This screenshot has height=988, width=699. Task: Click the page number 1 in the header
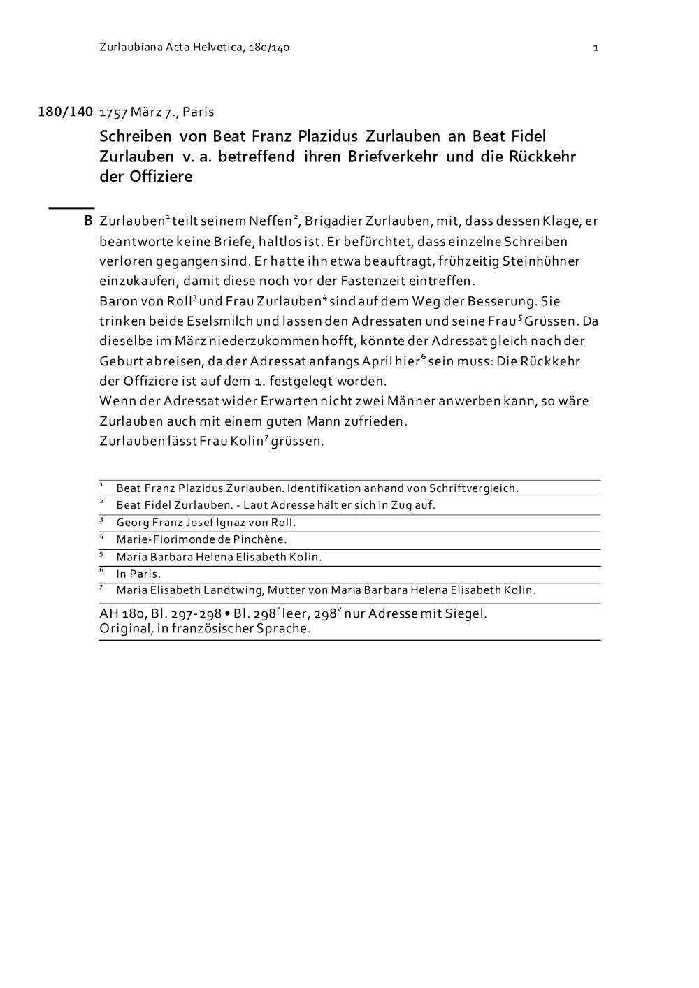(596, 48)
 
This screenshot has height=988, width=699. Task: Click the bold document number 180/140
(65, 112)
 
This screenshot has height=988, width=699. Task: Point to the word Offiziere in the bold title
(160, 176)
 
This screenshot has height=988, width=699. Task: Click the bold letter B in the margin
(88, 221)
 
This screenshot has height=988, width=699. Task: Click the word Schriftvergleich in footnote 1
(473, 488)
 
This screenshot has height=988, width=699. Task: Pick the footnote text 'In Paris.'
(138, 574)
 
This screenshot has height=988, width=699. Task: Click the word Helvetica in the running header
(215, 48)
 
